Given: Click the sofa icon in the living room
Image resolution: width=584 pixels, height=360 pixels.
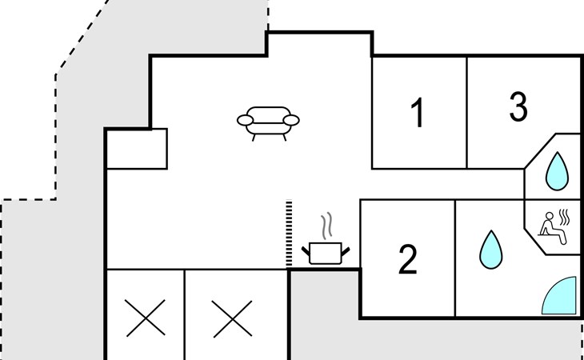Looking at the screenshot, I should point(268,122).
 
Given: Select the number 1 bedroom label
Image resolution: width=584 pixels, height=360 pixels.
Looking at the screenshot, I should point(417,114).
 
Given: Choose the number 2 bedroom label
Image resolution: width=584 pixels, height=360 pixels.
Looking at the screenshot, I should point(407,260).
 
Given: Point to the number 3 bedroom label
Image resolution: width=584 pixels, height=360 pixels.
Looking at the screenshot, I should point(518,107).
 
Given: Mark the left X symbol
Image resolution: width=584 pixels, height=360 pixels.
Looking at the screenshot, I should point(145,318).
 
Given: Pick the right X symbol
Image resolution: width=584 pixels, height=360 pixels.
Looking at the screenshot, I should point(232,318).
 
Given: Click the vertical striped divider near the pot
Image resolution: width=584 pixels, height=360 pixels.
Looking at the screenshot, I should point(289,234).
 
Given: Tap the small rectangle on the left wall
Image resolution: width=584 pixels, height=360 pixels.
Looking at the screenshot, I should point(137,149).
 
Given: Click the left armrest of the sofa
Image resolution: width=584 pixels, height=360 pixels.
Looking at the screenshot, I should point(246,121).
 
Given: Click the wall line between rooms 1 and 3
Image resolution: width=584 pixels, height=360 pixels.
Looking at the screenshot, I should point(467,112).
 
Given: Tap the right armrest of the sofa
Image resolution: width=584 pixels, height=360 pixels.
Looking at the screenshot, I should point(291,121).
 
